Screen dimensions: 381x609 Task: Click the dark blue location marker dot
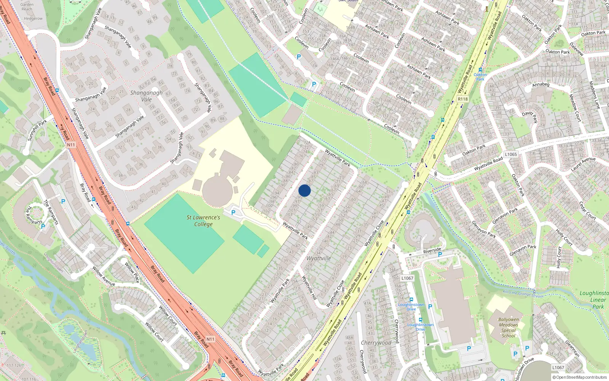tap(304, 190)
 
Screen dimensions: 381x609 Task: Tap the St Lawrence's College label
tap(203, 221)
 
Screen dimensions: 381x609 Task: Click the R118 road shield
tap(462, 99)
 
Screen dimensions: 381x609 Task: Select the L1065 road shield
tap(511, 154)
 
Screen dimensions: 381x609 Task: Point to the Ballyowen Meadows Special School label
tap(509, 328)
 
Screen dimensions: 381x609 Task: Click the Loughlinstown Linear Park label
tap(596, 299)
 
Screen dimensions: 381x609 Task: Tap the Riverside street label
tap(432, 250)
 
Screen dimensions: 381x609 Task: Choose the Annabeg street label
tap(541, 85)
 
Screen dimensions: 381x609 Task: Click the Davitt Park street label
tap(530, 116)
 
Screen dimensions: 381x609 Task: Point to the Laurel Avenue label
tap(583, 163)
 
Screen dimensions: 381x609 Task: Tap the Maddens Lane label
tap(594, 95)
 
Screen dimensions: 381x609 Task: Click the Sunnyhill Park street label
tap(37, 130)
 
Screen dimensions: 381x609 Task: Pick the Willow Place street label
tap(132, 272)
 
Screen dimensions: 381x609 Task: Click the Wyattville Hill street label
tap(309, 288)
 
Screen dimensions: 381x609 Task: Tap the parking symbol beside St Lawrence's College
tap(233, 213)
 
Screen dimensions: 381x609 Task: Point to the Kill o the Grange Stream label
tap(523, 294)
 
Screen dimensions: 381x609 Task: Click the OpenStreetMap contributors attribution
tap(580, 377)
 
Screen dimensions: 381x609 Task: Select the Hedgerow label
tap(33, 18)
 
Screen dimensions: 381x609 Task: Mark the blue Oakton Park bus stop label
tap(480, 77)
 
